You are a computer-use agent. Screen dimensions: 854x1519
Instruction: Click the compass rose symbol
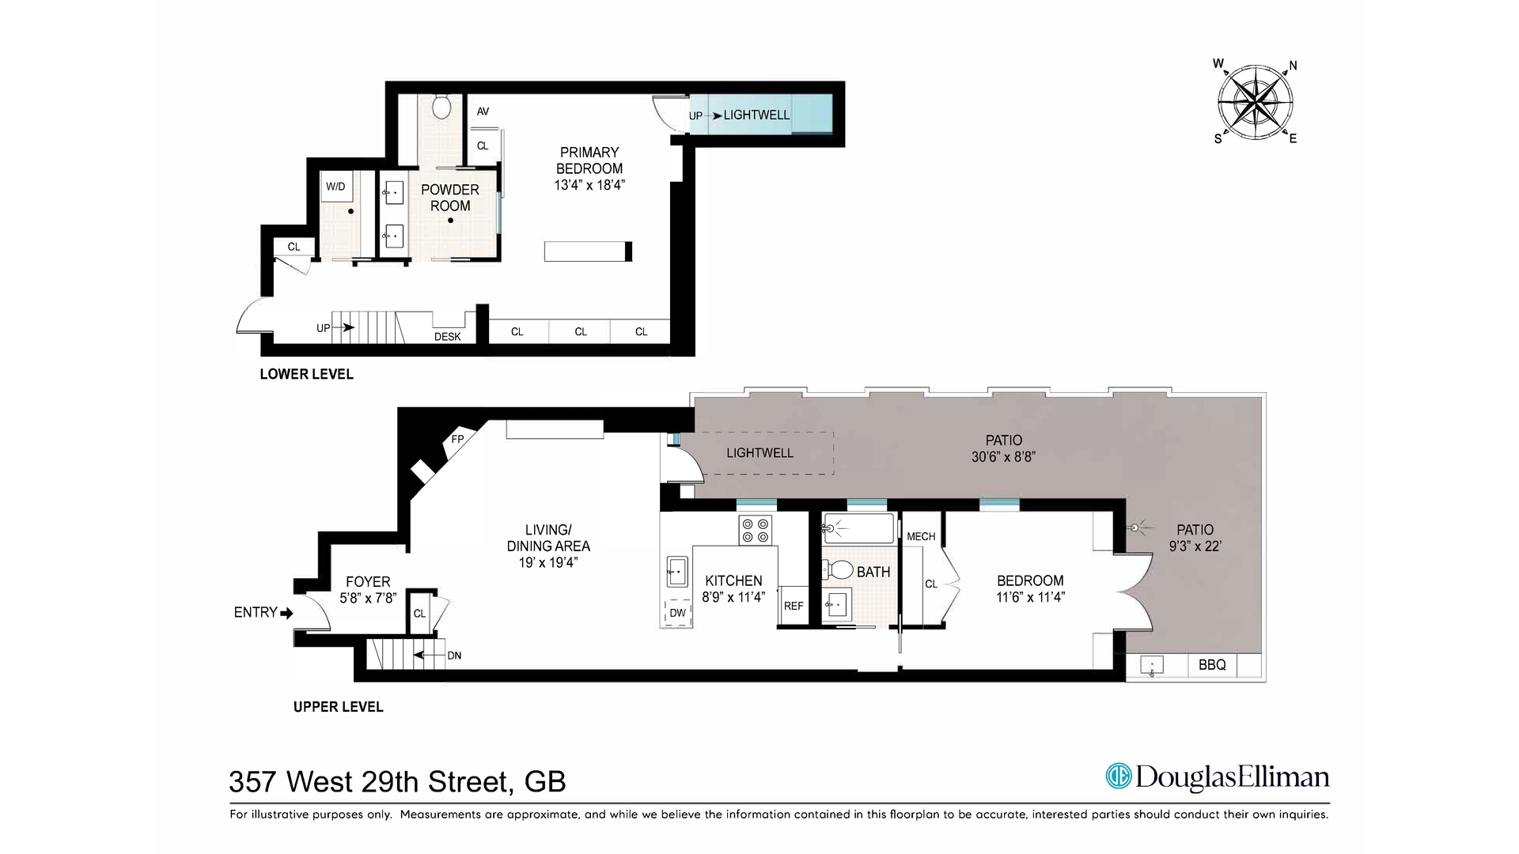tap(1256, 103)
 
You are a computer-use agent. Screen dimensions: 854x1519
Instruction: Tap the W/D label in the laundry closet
tap(335, 187)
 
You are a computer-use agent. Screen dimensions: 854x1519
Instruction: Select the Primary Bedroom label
tap(589, 161)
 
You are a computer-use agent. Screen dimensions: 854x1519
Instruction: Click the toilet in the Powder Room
tap(442, 106)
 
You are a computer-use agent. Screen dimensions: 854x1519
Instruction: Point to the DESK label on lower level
tap(447, 337)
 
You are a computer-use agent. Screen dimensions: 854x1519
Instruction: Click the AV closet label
tap(483, 111)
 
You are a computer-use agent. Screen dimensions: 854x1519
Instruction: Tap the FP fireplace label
tap(457, 439)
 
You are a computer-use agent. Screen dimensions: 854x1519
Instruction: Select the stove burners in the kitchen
tap(756, 530)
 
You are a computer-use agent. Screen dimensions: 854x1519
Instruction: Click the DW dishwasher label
tap(678, 613)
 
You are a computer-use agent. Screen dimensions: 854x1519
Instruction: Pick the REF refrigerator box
tap(794, 606)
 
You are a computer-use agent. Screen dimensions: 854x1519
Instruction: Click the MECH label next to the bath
tap(920, 536)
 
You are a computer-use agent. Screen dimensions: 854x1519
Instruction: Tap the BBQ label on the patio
tap(1211, 665)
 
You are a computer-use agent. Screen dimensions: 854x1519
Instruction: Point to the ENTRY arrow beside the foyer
tap(286, 613)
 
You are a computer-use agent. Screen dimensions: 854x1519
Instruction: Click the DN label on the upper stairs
tap(454, 656)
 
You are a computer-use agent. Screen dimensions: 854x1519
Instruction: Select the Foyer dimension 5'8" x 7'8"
tap(368, 599)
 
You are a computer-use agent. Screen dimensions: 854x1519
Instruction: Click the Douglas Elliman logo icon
tap(1119, 777)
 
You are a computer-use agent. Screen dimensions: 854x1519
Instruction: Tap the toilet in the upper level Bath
tap(838, 569)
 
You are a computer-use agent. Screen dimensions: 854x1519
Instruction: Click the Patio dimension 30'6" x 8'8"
tap(1003, 457)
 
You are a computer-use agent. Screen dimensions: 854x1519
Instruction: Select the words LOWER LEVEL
tap(306, 374)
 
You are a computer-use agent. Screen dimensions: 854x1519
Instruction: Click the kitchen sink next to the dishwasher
tap(676, 571)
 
